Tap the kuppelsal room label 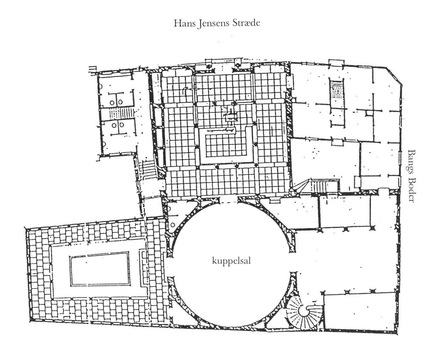coord(231,261)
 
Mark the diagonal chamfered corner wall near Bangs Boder coord(395,77)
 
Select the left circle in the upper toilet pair coord(112,103)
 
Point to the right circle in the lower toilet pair coord(121,125)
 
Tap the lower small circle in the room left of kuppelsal coord(173,225)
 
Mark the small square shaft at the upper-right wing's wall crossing coord(370,113)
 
